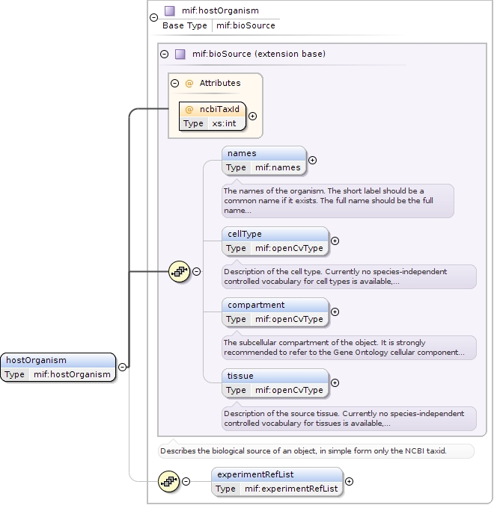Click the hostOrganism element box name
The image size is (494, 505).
coord(36,360)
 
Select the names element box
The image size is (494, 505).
coord(264,160)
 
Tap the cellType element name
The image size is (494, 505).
coord(244,234)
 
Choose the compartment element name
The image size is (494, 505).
coord(256,305)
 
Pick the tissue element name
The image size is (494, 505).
coord(240,376)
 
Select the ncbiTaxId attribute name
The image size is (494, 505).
coord(219,109)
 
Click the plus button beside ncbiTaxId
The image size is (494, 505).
coord(252,116)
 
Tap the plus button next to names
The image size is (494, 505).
coord(312,160)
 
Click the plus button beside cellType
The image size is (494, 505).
coord(335,241)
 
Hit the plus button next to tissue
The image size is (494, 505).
coord(335,382)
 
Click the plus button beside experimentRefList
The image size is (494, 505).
coord(349,481)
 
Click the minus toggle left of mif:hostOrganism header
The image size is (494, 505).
coord(153,17)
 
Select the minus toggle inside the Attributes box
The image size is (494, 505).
coord(175,83)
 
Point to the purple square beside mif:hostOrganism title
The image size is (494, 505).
coord(169,10)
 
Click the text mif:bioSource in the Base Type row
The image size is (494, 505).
coord(246,25)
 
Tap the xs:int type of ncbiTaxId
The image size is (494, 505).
coord(224,123)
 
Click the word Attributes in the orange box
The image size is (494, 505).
coord(219,83)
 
